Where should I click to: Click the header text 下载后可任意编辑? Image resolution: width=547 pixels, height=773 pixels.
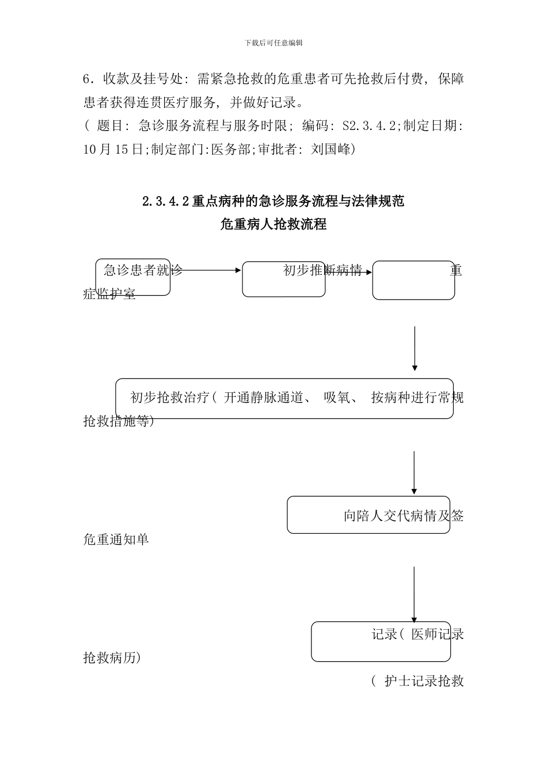273,43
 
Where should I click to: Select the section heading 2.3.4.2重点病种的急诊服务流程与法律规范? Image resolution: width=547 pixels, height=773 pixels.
273,201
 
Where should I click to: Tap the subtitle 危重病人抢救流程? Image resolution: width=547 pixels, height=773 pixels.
273,224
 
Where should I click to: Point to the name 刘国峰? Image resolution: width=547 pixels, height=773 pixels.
331,150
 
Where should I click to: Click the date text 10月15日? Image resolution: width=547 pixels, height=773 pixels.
113,150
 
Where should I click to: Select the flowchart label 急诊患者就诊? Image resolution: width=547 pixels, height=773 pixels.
143,270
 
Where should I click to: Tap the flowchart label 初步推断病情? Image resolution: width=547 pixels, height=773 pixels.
322,270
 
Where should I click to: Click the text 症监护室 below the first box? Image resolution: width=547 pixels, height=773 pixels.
109,294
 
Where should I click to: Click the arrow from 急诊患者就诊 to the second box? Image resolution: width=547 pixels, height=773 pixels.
207,270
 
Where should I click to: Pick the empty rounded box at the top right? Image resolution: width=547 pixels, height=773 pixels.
413,281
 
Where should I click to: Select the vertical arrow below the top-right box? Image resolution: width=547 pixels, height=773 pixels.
415,348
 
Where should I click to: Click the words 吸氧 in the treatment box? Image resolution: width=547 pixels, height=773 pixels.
337,397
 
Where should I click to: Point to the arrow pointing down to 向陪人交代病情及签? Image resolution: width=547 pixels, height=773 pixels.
414,472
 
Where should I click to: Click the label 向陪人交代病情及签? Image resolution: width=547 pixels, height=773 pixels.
403,516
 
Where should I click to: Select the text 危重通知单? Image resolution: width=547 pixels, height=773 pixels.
116,539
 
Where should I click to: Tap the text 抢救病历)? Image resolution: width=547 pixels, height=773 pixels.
112,657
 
